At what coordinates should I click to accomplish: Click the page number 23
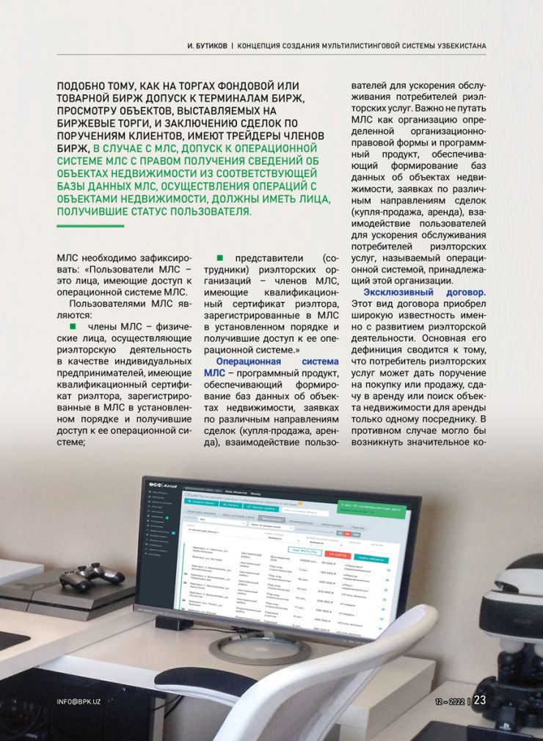pos(480,700)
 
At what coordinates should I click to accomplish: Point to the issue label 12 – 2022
pos(448,701)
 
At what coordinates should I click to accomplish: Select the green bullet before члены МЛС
pos(72,326)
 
